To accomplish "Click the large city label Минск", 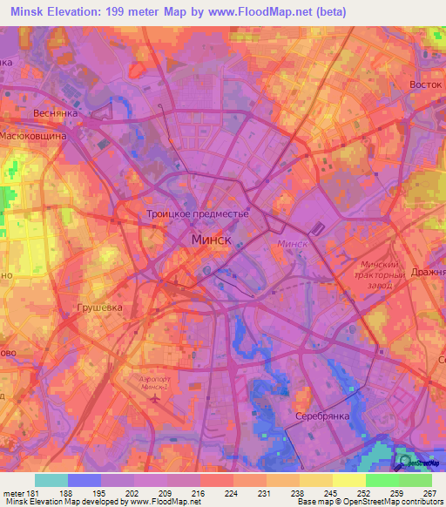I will point(211,238).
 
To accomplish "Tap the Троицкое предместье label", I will point(197,213).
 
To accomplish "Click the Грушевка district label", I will point(99,308).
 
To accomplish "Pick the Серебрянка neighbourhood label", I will point(321,416).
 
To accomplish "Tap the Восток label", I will point(426,84).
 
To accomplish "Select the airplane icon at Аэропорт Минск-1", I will point(155,398).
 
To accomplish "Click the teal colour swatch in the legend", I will point(51,480).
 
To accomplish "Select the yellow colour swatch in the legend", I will point(348,480).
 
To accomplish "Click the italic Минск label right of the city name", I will point(293,245).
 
